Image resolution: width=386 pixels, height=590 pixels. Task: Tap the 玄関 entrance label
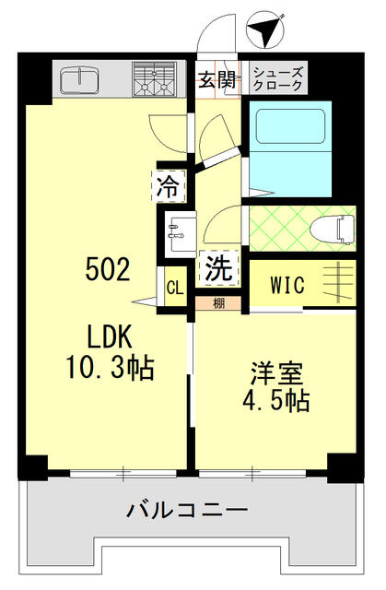pos(216,78)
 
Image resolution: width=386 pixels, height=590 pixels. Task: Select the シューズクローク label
pos(277,78)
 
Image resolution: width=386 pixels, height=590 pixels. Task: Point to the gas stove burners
pos(154,79)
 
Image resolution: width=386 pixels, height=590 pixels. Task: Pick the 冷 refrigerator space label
pos(169,188)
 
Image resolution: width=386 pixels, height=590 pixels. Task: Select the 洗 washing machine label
pos(219,269)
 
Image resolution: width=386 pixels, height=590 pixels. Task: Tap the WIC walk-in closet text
pos(287,284)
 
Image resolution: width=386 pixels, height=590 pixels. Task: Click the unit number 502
pos(108,269)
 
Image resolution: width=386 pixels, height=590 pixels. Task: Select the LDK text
pos(108,335)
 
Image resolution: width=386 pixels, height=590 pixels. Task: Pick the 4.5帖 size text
pos(277,402)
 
